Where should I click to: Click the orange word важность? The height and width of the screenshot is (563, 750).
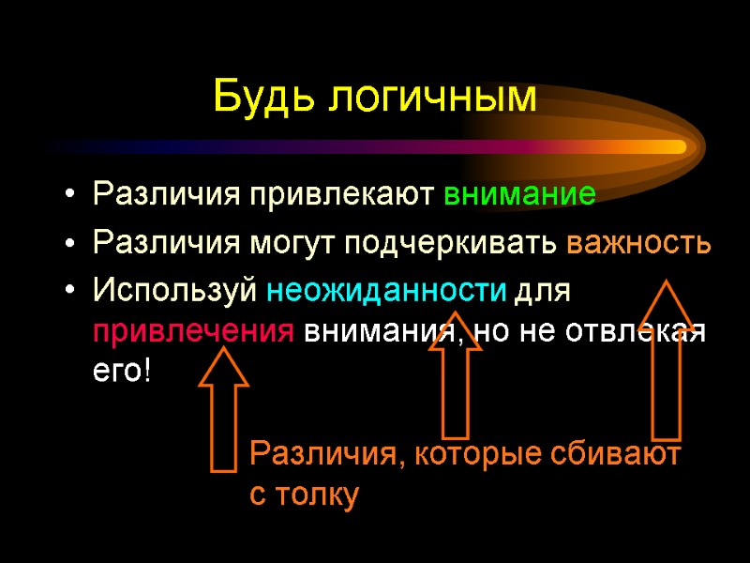[x=638, y=243]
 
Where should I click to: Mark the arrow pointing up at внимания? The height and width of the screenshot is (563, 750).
[x=455, y=375]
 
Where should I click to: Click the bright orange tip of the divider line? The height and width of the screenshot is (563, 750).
[x=677, y=146]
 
